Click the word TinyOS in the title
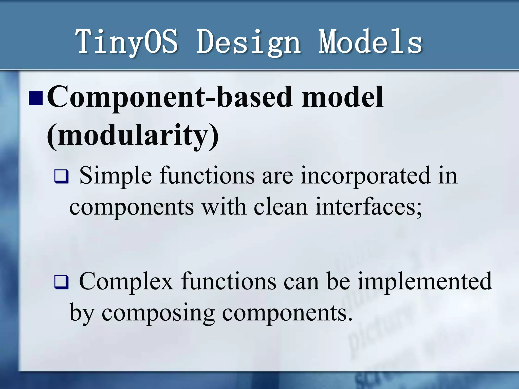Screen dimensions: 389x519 [x=127, y=42]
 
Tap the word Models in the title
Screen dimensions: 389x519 [x=370, y=42]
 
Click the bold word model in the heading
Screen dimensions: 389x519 [x=342, y=97]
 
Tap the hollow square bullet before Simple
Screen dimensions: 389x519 [x=61, y=177]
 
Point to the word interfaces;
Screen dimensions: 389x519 [x=369, y=207]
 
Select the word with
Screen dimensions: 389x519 [x=224, y=207]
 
